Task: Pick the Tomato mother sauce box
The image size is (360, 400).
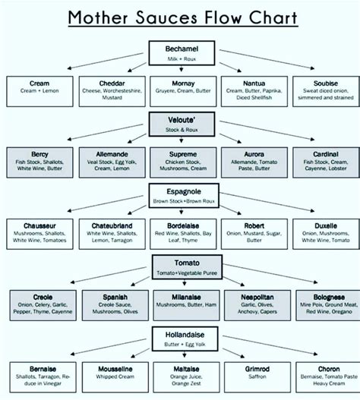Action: coord(181,263)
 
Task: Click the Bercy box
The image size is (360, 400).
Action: coord(40,161)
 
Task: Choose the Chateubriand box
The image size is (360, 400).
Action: coord(112,231)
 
